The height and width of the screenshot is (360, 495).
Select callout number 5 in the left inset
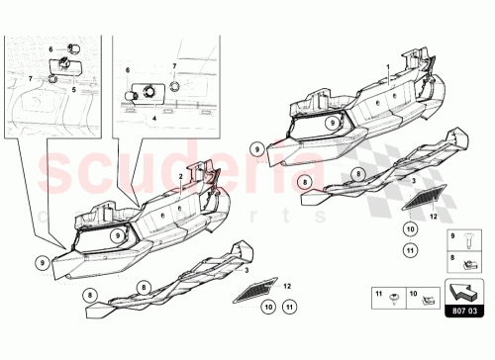(x=73, y=88)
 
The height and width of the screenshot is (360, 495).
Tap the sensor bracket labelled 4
(x=143, y=95)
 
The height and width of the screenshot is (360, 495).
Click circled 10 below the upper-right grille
(x=409, y=229)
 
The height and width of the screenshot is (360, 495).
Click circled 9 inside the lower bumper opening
(x=117, y=236)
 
